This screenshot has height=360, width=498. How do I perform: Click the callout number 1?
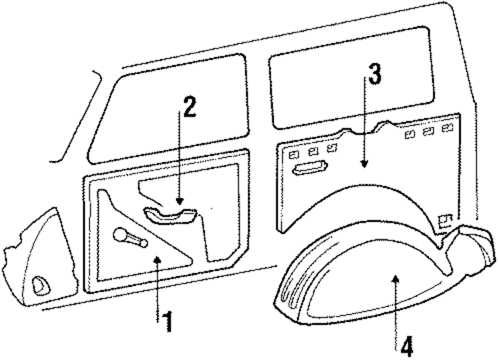[x=168, y=322]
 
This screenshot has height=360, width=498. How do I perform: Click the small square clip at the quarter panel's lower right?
[x=445, y=219]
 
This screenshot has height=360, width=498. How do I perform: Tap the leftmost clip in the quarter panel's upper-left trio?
[x=294, y=154]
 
